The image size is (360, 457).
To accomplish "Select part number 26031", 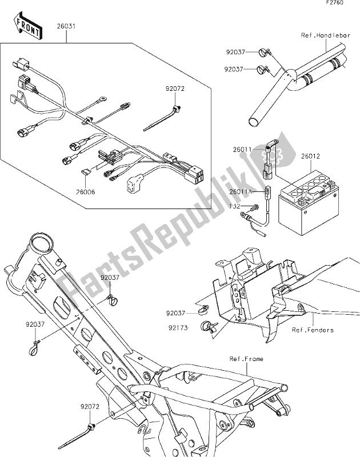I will click(66, 26).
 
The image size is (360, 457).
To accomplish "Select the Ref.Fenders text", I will click(313, 330).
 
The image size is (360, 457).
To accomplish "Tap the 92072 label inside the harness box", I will click(176, 89).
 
